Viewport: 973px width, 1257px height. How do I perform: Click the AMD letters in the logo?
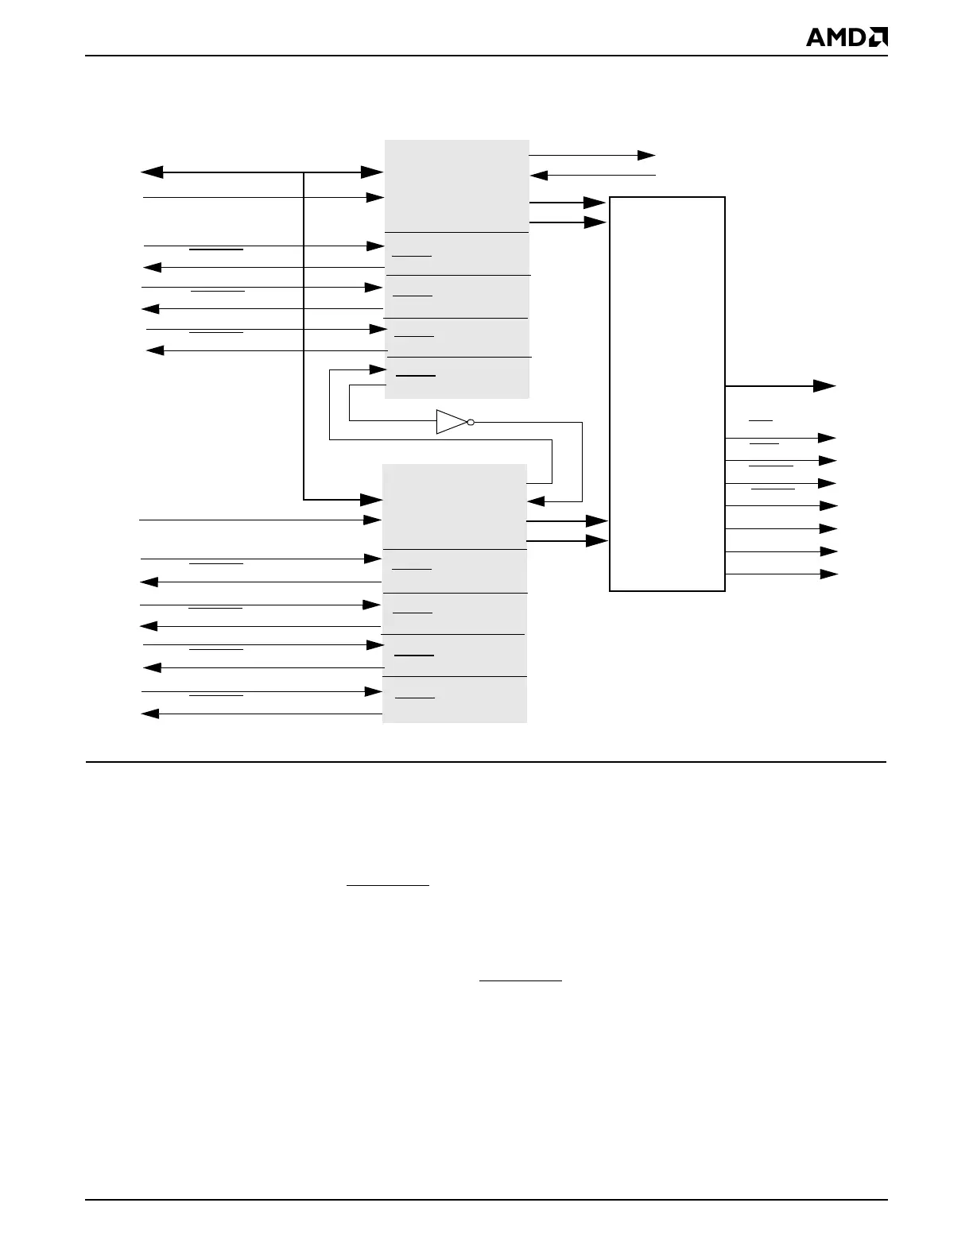coord(835,37)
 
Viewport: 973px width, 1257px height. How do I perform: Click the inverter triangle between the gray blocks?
coord(450,422)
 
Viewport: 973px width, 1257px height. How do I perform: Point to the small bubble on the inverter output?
coord(471,422)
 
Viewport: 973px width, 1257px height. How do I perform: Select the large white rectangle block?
coord(667,393)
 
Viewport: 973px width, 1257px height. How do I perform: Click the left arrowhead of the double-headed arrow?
coord(151,172)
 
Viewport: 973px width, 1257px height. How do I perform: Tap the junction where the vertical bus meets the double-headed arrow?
coord(304,172)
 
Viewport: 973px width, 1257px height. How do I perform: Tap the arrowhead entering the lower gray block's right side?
coord(537,501)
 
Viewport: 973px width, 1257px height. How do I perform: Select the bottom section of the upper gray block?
coord(457,377)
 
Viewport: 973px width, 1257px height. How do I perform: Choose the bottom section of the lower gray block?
coord(455,699)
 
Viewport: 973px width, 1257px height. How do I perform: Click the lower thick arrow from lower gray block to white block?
coord(568,541)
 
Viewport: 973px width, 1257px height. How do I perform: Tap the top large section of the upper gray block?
coord(457,186)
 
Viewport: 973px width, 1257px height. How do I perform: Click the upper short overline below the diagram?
coord(388,884)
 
